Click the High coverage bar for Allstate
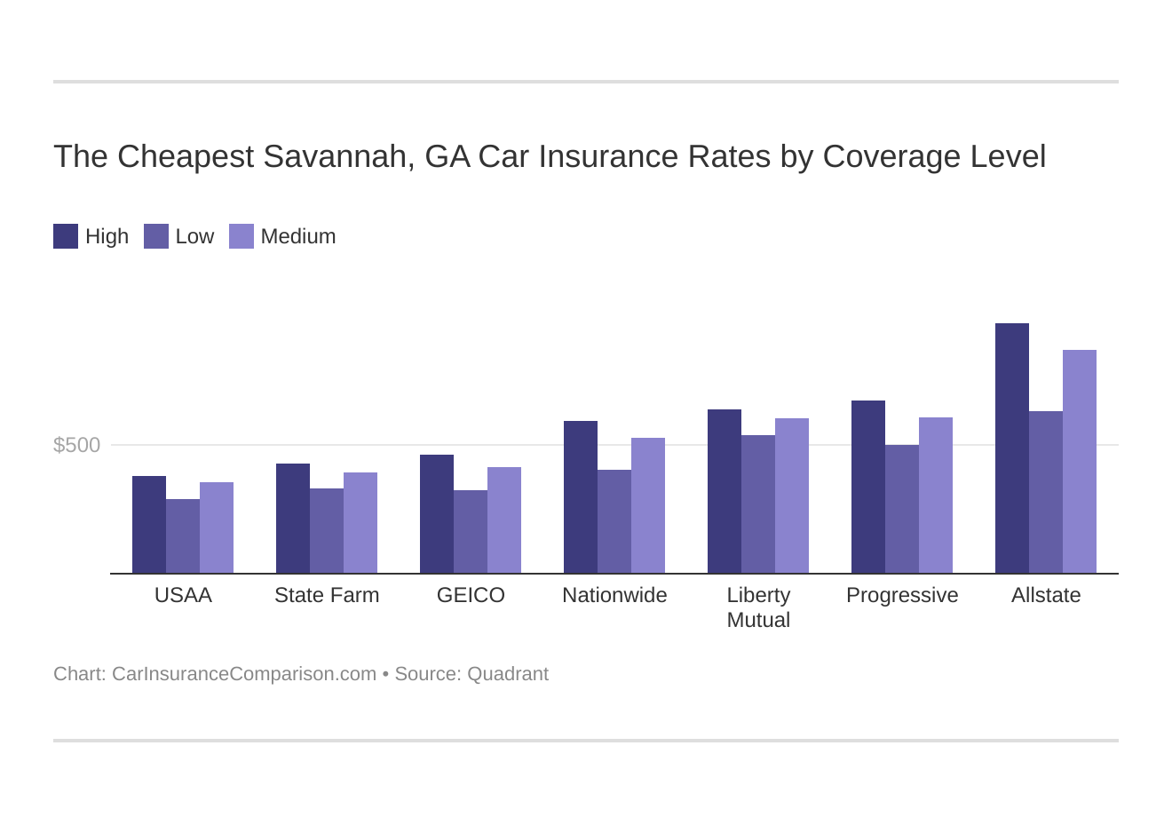[x=1011, y=448]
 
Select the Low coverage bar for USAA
[x=183, y=536]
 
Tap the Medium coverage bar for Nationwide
[x=647, y=505]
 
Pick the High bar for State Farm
[x=292, y=519]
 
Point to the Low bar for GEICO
[x=471, y=532]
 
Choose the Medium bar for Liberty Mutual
[x=791, y=496]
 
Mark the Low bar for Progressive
[x=901, y=509]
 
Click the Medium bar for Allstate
[x=1079, y=462]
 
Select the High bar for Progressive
[x=867, y=487]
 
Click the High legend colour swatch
[x=66, y=236]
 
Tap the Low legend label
[x=194, y=236]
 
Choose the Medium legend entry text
[x=298, y=236]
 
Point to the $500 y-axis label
[x=77, y=445]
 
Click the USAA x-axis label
[x=183, y=595]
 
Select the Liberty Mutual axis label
[x=758, y=607]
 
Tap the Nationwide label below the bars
[x=614, y=595]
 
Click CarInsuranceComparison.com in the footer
[x=244, y=674]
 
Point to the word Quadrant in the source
[x=508, y=674]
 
